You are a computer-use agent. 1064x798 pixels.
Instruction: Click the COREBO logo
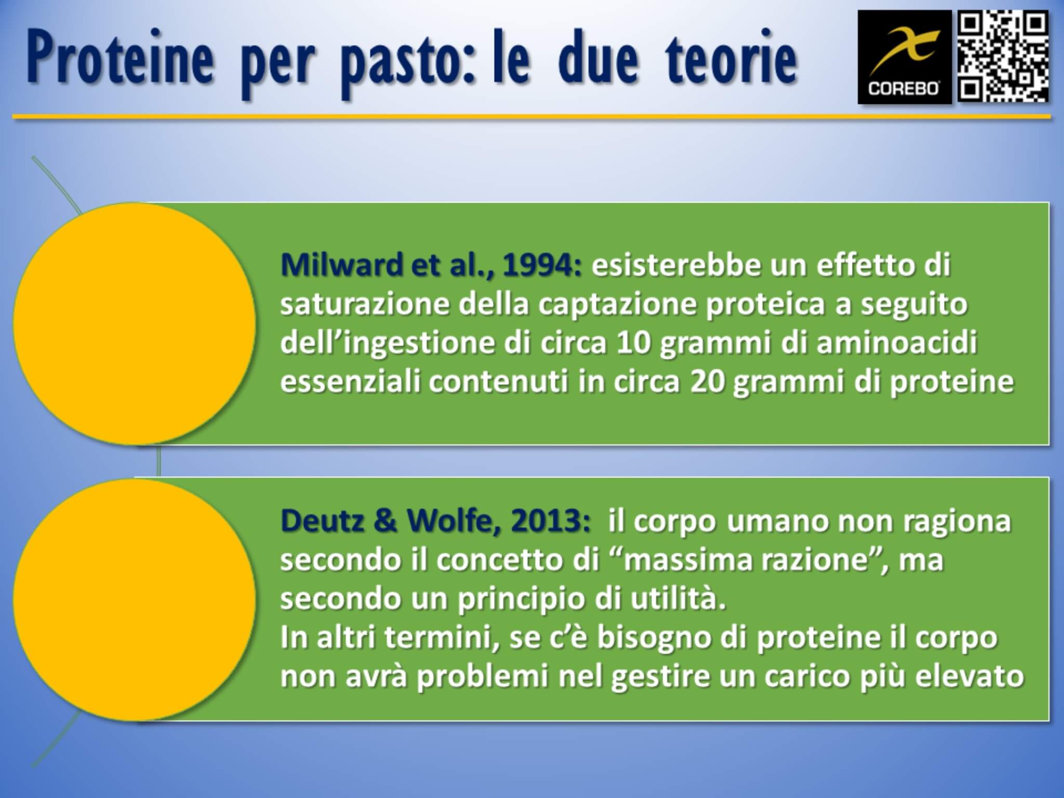coord(904,57)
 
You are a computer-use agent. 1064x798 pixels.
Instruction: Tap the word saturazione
coord(364,304)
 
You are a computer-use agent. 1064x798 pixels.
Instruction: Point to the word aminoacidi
coord(897,343)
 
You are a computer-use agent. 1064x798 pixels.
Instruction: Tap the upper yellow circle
coord(134,323)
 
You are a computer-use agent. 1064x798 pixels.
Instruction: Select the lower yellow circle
coord(134,600)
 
